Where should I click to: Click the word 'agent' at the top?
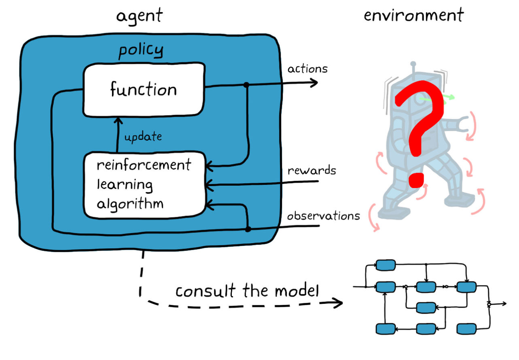point(139,16)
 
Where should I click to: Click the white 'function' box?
point(143,90)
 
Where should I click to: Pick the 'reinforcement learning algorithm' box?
point(144,184)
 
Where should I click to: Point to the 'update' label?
point(143,137)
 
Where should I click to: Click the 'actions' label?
point(308,69)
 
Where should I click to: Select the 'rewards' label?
point(311,170)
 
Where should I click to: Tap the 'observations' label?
point(323,215)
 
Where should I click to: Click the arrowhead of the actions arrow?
point(314,84)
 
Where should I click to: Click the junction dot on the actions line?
point(247,85)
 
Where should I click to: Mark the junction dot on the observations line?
point(248,228)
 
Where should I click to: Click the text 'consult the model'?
point(247,291)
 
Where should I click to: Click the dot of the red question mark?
point(416,179)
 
